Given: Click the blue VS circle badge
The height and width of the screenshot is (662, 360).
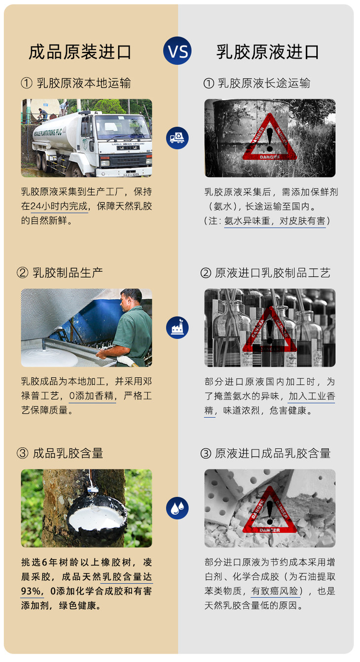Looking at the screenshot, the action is pos(178,51).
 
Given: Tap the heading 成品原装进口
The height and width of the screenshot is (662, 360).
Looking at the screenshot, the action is pos(80,52).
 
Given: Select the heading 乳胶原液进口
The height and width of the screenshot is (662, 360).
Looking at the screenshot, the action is pos(268,52).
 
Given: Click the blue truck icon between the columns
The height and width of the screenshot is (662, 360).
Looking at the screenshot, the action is pos(178,138).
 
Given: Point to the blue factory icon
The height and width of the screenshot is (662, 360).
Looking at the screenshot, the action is pos(178,328).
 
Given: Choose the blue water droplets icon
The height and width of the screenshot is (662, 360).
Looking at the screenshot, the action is pos(178,508).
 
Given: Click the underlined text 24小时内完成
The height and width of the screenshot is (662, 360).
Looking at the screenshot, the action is pos(59,206).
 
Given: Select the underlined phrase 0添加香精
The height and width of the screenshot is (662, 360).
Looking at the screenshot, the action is pos(92,396).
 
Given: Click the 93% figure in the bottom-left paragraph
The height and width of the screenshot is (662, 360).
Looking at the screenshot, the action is pos(31,591).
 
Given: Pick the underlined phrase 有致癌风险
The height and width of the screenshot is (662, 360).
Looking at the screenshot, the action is pos(275,591).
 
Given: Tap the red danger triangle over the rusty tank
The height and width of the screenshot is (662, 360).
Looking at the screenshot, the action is pos(270,138).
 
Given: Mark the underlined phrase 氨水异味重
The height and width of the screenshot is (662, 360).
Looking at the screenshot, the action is pos(247,221).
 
